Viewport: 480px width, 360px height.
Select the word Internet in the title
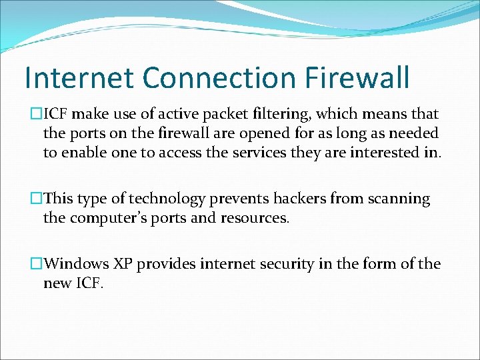pos(77,77)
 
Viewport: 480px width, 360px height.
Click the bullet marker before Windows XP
pos(37,264)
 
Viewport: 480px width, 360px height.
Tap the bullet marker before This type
pos(37,199)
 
